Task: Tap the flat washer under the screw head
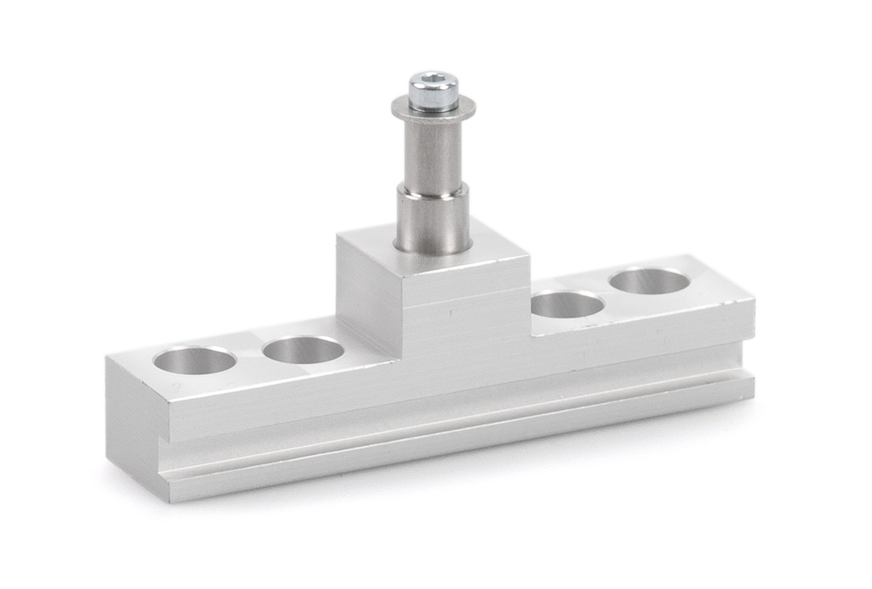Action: (x=433, y=112)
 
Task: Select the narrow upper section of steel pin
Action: (x=433, y=153)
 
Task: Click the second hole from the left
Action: (x=303, y=350)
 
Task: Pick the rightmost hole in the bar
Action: (x=650, y=281)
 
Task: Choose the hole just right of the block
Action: (x=567, y=305)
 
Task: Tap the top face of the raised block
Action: (x=488, y=253)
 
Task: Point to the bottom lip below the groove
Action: (x=453, y=445)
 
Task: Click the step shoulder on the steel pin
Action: (x=433, y=187)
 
